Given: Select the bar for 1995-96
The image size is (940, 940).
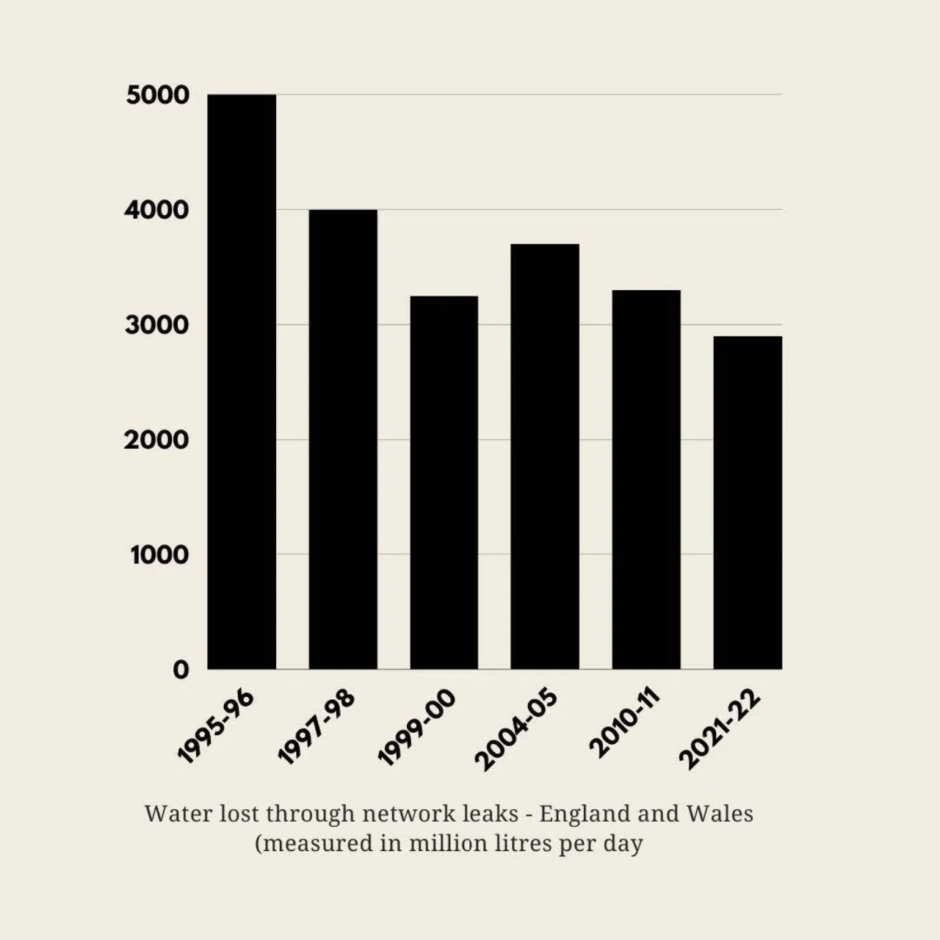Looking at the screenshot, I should [242, 382].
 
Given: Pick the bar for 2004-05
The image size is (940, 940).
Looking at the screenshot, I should [545, 456].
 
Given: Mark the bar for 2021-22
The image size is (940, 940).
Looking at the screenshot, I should [748, 502].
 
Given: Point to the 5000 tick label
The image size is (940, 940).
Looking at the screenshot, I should [157, 95].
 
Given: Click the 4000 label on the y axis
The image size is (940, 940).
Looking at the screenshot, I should [156, 211].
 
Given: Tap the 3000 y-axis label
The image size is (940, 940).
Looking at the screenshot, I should [156, 325].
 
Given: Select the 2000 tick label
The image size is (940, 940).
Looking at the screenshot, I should [156, 441].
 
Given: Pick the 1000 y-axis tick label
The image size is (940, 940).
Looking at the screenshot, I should [159, 555].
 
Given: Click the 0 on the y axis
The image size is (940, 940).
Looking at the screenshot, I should [181, 670].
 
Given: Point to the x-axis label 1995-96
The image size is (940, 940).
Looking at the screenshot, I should [216, 727].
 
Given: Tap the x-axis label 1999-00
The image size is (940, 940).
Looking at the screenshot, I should [417, 727].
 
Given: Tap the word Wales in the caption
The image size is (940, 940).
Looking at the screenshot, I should [720, 814].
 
